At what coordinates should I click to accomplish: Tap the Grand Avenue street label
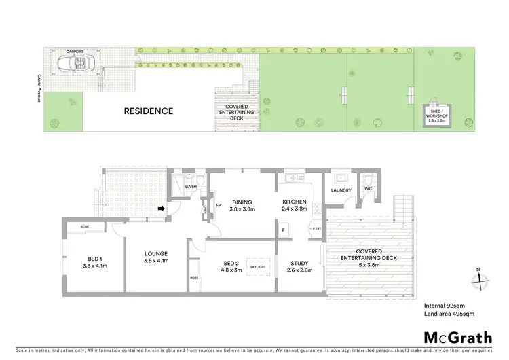click(40, 88)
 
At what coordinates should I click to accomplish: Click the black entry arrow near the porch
click(162, 208)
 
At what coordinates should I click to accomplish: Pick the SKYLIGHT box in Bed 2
click(259, 267)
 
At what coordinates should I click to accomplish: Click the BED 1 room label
click(95, 257)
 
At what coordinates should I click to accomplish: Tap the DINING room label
click(242, 202)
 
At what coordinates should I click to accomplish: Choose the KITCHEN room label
click(295, 202)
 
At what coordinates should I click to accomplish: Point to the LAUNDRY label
click(341, 190)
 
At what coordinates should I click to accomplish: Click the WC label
click(369, 188)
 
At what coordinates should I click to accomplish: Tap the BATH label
click(190, 185)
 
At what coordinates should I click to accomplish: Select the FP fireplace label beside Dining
click(218, 204)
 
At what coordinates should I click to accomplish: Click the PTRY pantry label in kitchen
click(316, 230)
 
